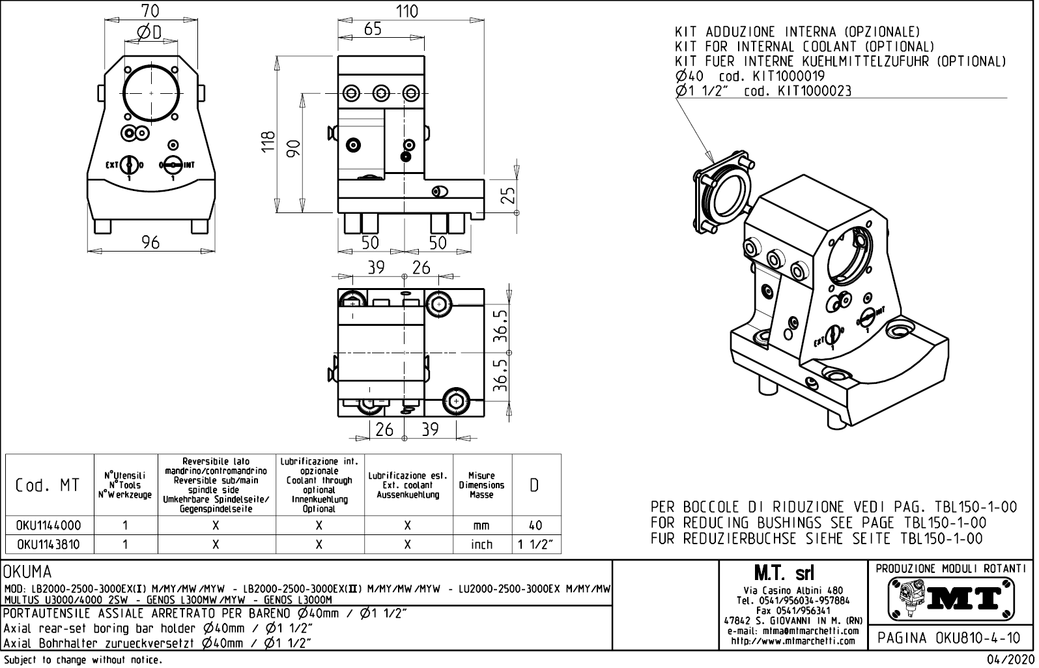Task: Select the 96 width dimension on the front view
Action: tap(150, 242)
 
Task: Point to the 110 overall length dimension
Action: tap(406, 12)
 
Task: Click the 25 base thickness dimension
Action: tap(509, 195)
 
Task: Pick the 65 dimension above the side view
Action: tap(373, 29)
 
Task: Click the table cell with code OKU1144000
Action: tap(49, 525)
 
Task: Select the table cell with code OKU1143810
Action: tap(49, 544)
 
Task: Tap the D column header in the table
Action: tap(535, 486)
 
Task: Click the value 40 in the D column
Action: tap(535, 525)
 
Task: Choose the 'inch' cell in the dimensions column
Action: tap(481, 544)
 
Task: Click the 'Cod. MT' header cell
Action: tap(49, 486)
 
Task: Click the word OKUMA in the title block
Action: tap(28, 573)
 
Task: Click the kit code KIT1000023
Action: tap(814, 91)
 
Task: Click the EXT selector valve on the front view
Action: tap(129, 165)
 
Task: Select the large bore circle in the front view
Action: tap(151, 93)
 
